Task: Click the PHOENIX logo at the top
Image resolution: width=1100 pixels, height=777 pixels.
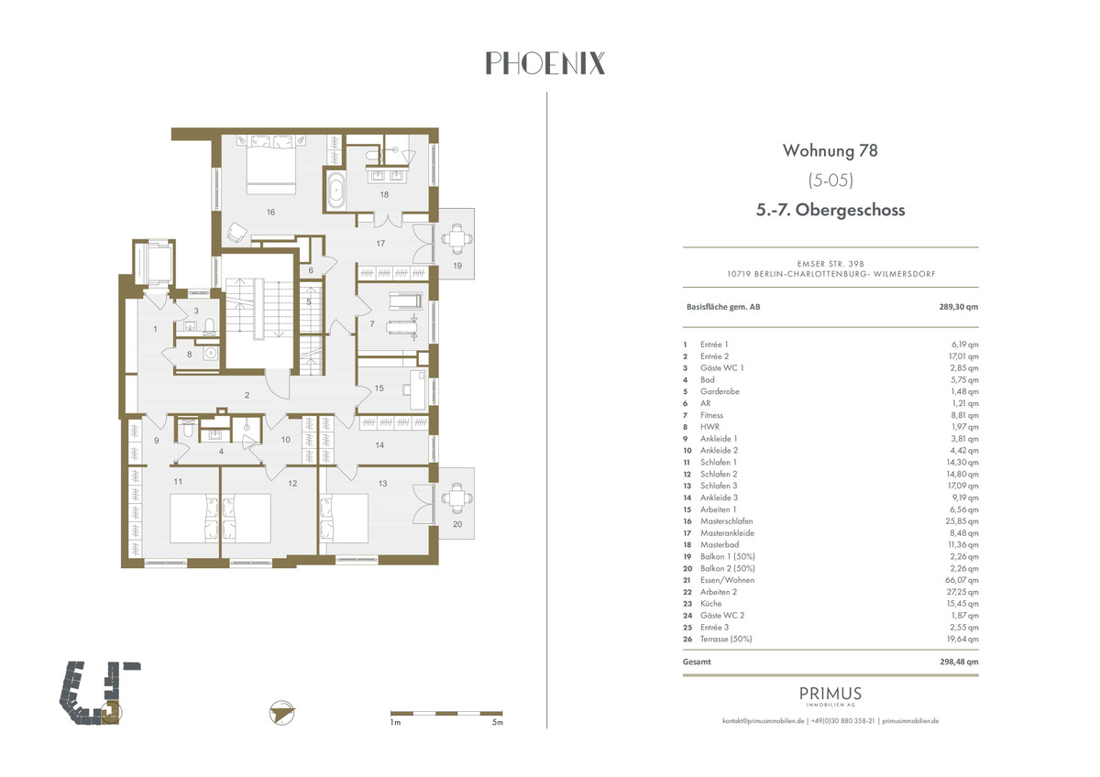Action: point(544,63)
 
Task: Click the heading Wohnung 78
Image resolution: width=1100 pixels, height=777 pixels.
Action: point(830,149)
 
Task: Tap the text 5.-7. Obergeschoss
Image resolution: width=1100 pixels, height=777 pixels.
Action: point(830,210)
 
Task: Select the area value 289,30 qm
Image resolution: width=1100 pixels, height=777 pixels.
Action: point(958,307)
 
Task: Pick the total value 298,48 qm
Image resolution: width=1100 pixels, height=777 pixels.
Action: point(958,661)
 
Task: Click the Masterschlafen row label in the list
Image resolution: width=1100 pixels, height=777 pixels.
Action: point(725,521)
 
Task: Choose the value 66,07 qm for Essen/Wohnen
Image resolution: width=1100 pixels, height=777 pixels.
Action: point(963,580)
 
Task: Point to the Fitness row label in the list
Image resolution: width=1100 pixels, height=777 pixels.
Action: point(711,415)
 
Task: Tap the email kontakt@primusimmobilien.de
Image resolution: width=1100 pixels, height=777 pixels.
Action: point(764,721)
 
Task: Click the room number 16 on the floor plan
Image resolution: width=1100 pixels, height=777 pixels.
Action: point(270,212)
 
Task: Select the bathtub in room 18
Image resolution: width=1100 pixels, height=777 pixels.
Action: point(335,190)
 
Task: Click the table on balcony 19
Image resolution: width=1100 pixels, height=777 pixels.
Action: point(456,239)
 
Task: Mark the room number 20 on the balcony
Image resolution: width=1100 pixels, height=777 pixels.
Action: point(457,524)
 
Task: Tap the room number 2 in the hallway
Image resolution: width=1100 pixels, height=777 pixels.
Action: point(247,395)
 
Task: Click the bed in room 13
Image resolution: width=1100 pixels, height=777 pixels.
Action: point(345,520)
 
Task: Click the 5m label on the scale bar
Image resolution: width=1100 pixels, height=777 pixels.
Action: point(497,723)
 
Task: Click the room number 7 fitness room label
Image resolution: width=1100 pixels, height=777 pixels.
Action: point(371,324)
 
